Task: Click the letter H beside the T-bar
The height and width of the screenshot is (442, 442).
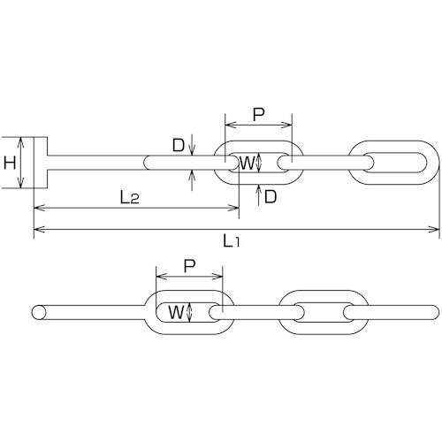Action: pyautogui.click(x=10, y=163)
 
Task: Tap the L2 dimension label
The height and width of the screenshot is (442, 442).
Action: pyautogui.click(x=130, y=198)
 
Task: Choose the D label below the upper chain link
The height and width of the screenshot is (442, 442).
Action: pyautogui.click(x=271, y=197)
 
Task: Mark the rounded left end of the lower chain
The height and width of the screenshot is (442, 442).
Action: pyautogui.click(x=38, y=312)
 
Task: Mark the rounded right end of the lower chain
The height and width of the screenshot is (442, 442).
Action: pyautogui.click(x=434, y=312)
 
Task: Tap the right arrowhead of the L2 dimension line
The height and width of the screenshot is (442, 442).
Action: pyautogui.click(x=235, y=209)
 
